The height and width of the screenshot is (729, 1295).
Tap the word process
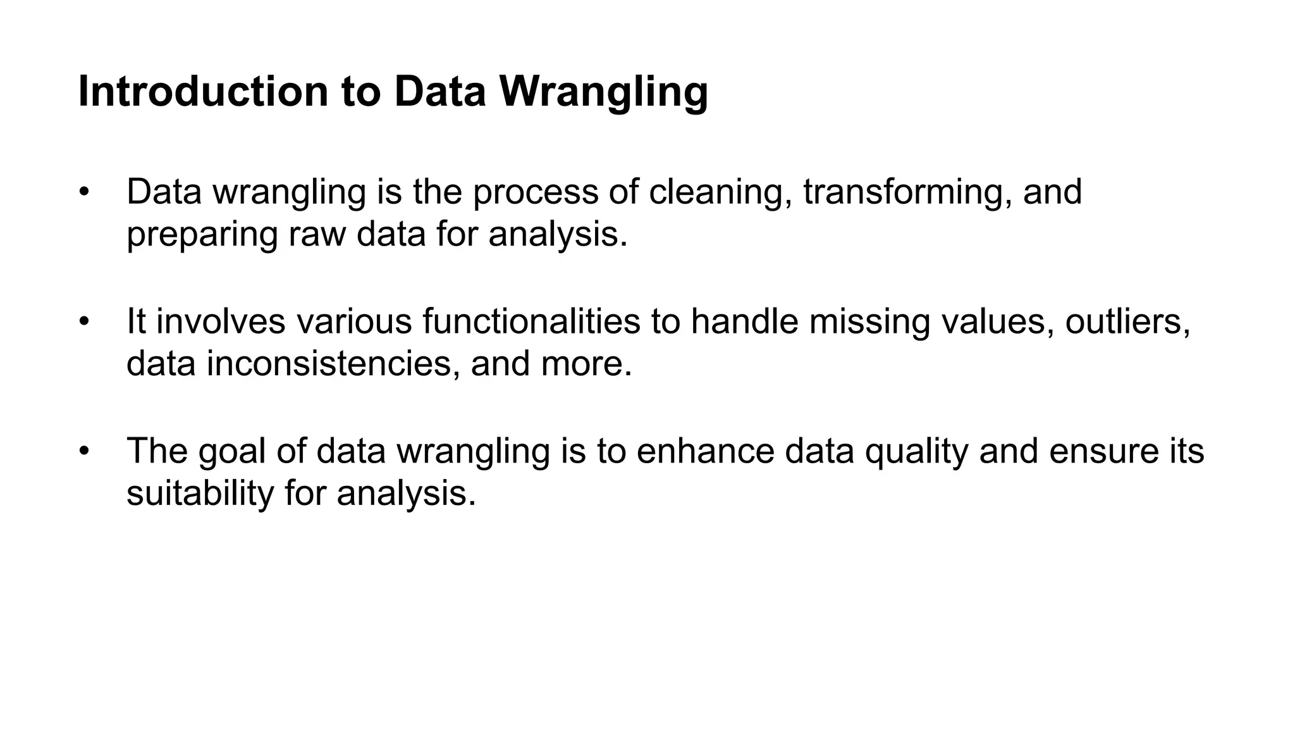click(535, 192)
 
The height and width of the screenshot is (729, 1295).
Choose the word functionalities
click(531, 321)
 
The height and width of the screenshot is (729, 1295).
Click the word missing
click(869, 321)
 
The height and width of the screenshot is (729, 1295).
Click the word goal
click(231, 451)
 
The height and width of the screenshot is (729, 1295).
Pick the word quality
click(916, 451)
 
